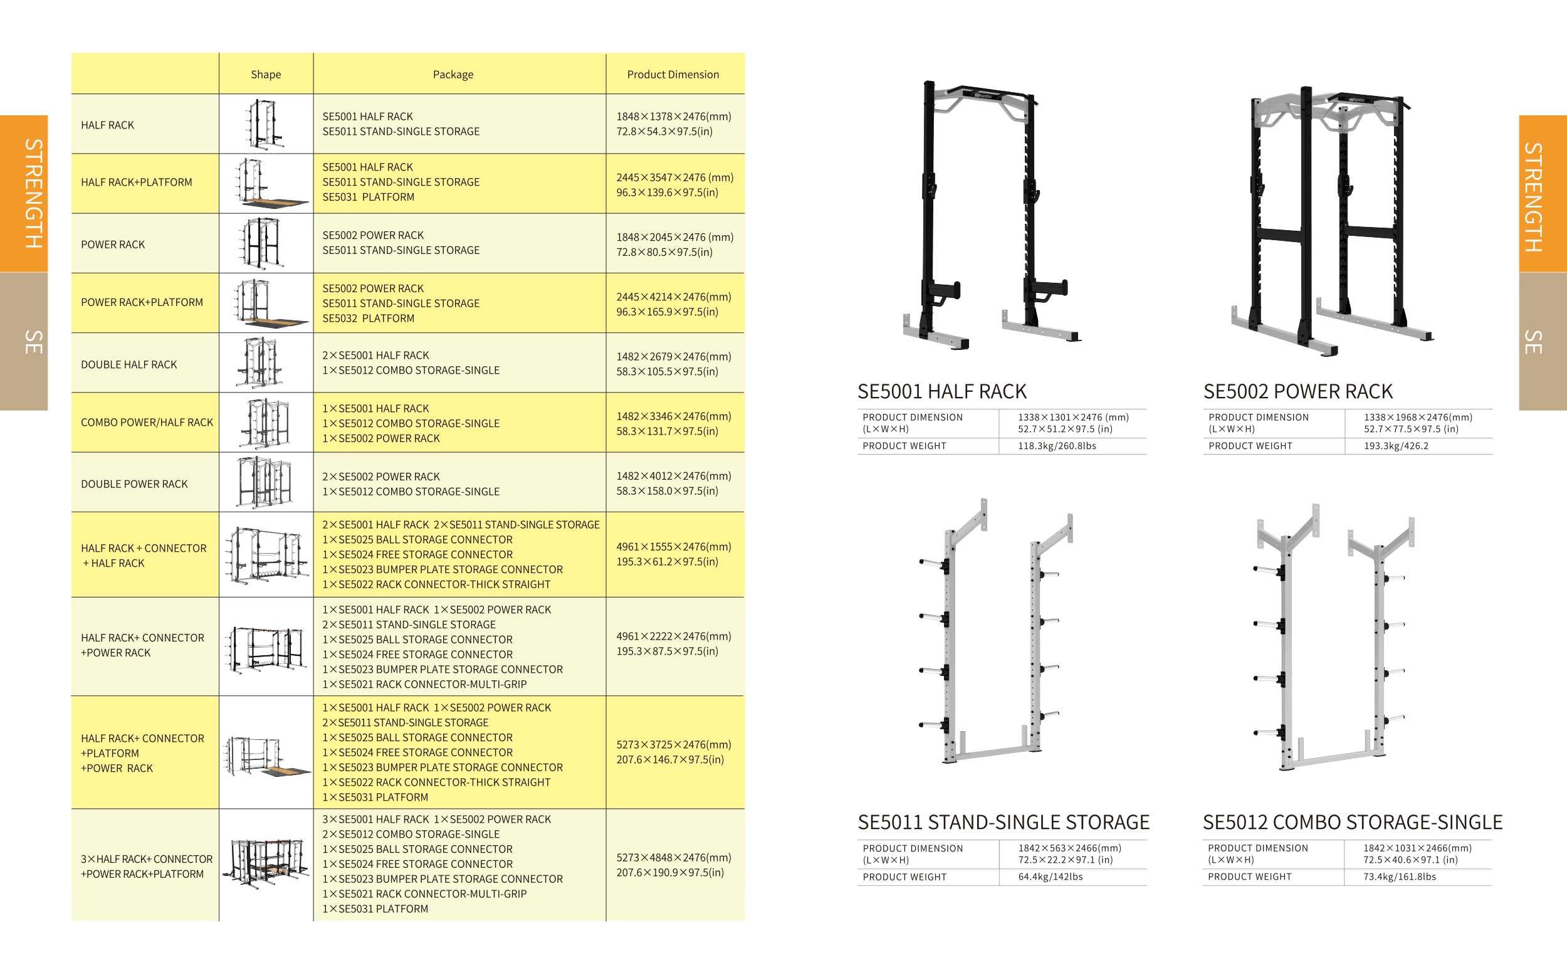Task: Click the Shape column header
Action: point(266,75)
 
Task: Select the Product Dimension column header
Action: point(673,75)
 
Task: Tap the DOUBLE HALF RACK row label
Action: point(128,364)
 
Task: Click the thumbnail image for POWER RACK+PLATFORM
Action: point(266,303)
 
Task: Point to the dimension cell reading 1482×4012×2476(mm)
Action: point(673,476)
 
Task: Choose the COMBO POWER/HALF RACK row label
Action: point(147,423)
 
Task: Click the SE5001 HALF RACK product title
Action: point(942,391)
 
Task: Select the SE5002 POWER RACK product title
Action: point(1297,391)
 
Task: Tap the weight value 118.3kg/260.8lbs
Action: point(1057,446)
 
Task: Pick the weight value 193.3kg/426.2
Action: point(1396,446)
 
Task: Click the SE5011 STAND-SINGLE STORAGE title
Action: point(1004,822)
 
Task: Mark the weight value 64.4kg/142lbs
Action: point(1050,877)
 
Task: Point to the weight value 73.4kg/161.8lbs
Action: point(1399,877)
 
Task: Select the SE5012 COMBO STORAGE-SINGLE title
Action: point(1352,822)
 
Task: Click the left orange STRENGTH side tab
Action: point(24,193)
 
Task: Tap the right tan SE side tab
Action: point(1543,342)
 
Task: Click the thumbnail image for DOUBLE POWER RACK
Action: point(266,482)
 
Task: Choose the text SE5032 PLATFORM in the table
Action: point(368,318)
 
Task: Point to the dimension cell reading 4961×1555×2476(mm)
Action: point(673,547)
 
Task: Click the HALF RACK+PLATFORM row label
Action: point(136,182)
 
